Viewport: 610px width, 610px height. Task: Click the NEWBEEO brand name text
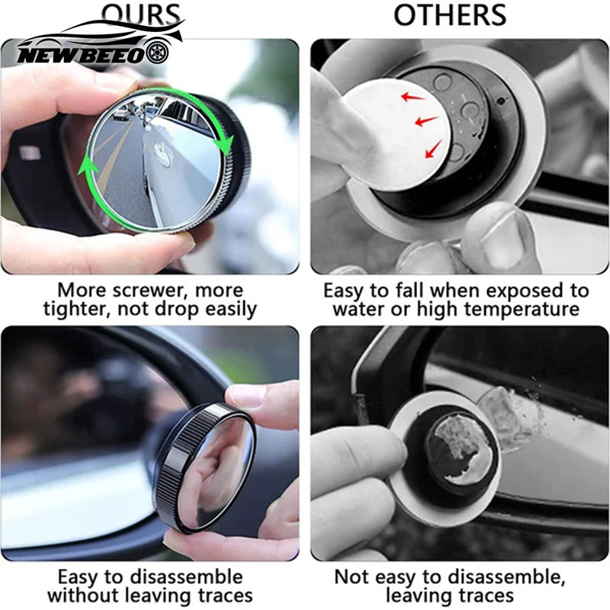click(79, 55)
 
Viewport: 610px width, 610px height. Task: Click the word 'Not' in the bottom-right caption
click(352, 576)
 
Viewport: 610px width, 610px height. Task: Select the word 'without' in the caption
click(82, 595)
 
